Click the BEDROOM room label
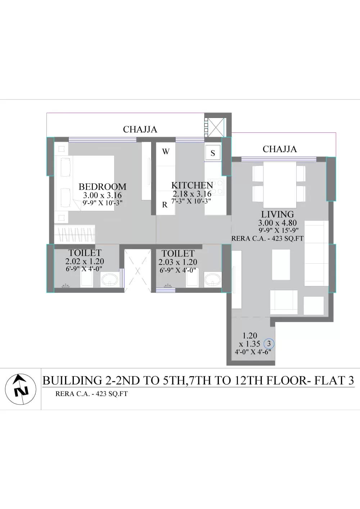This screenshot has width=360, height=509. click(x=102, y=187)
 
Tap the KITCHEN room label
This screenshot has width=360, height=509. click(x=192, y=185)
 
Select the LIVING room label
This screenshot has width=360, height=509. click(x=278, y=214)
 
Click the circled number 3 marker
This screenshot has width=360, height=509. click(x=269, y=344)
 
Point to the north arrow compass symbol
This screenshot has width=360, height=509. click(x=21, y=389)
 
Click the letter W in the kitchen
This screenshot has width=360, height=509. click(x=166, y=151)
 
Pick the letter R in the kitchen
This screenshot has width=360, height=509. click(x=165, y=205)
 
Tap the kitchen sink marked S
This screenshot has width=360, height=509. click(x=213, y=152)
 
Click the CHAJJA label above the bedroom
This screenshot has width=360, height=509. click(x=140, y=129)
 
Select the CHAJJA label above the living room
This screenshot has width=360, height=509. click(x=280, y=149)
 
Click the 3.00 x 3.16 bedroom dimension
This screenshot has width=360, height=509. click(x=102, y=195)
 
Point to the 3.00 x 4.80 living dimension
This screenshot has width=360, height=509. click(x=278, y=223)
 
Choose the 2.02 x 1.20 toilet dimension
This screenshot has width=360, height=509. click(x=85, y=261)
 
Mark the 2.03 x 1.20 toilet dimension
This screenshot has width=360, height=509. click(x=178, y=262)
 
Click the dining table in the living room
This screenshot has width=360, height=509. click(x=280, y=185)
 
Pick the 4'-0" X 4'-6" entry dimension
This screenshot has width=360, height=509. click(x=253, y=352)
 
